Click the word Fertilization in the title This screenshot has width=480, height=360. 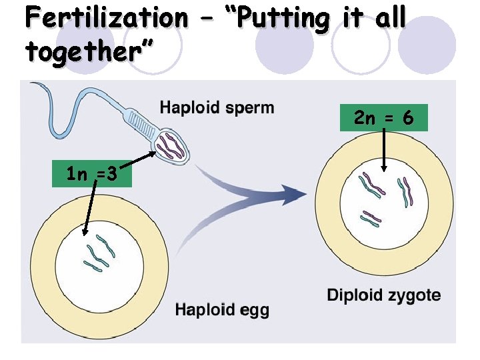[x=107, y=18]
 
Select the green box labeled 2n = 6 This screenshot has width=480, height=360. [x=384, y=118]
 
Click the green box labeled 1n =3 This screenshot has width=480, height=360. [x=93, y=175]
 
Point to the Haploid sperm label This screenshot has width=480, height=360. [x=217, y=107]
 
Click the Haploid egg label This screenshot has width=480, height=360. [x=222, y=309]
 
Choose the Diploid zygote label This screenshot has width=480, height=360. [x=383, y=295]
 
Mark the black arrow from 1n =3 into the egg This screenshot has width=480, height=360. [x=88, y=210]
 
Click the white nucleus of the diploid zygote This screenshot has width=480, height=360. [x=383, y=213]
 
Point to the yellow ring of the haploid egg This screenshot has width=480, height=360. [x=43, y=267]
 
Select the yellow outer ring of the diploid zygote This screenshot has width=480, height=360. [x=327, y=200]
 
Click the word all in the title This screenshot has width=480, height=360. [x=390, y=18]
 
